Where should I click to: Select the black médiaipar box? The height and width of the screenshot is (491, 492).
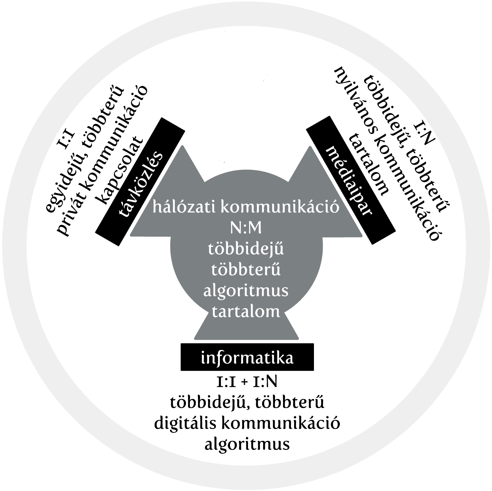[351, 181]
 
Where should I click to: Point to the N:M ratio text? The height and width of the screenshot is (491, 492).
[246, 228]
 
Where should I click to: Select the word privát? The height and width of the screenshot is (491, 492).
[67, 216]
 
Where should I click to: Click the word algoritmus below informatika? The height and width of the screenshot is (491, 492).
[247, 444]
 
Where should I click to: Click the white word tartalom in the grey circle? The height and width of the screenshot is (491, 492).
[246, 311]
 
